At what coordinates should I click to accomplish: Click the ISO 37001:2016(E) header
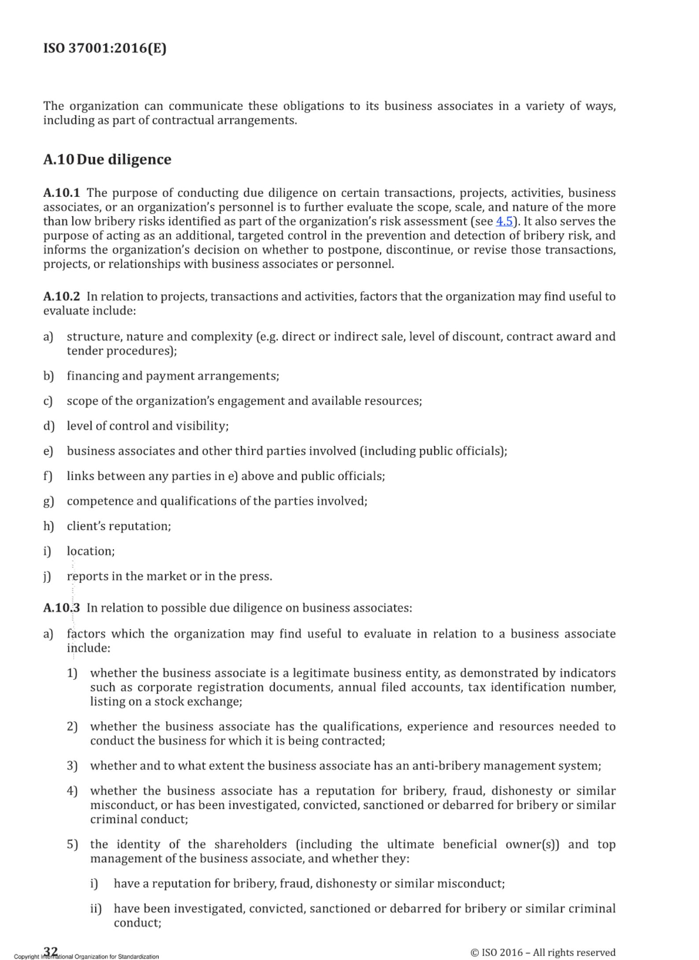click(105, 48)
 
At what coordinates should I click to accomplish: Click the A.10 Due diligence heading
click(107, 159)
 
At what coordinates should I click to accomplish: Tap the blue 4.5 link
click(504, 221)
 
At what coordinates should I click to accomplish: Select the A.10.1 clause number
click(61, 193)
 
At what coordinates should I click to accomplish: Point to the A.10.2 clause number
click(61, 297)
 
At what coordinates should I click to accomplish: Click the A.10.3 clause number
click(61, 608)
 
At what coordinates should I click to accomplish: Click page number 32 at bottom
click(51, 951)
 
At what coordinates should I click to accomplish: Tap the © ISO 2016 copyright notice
click(543, 952)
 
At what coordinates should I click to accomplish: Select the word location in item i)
click(90, 551)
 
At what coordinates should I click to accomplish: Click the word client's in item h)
click(86, 526)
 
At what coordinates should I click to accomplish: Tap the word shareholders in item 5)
click(250, 844)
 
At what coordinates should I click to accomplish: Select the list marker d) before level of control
click(48, 426)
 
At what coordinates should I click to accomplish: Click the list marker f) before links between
click(48, 476)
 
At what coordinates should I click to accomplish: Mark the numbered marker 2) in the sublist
click(72, 726)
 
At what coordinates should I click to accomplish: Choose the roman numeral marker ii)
click(96, 908)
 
